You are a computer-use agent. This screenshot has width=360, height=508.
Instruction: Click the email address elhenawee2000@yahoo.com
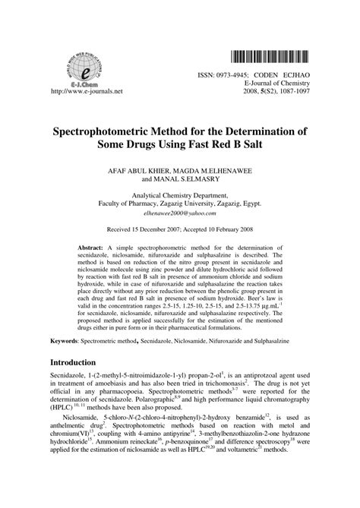(x=179, y=213)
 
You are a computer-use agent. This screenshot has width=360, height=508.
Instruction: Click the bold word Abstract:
(x=95, y=248)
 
